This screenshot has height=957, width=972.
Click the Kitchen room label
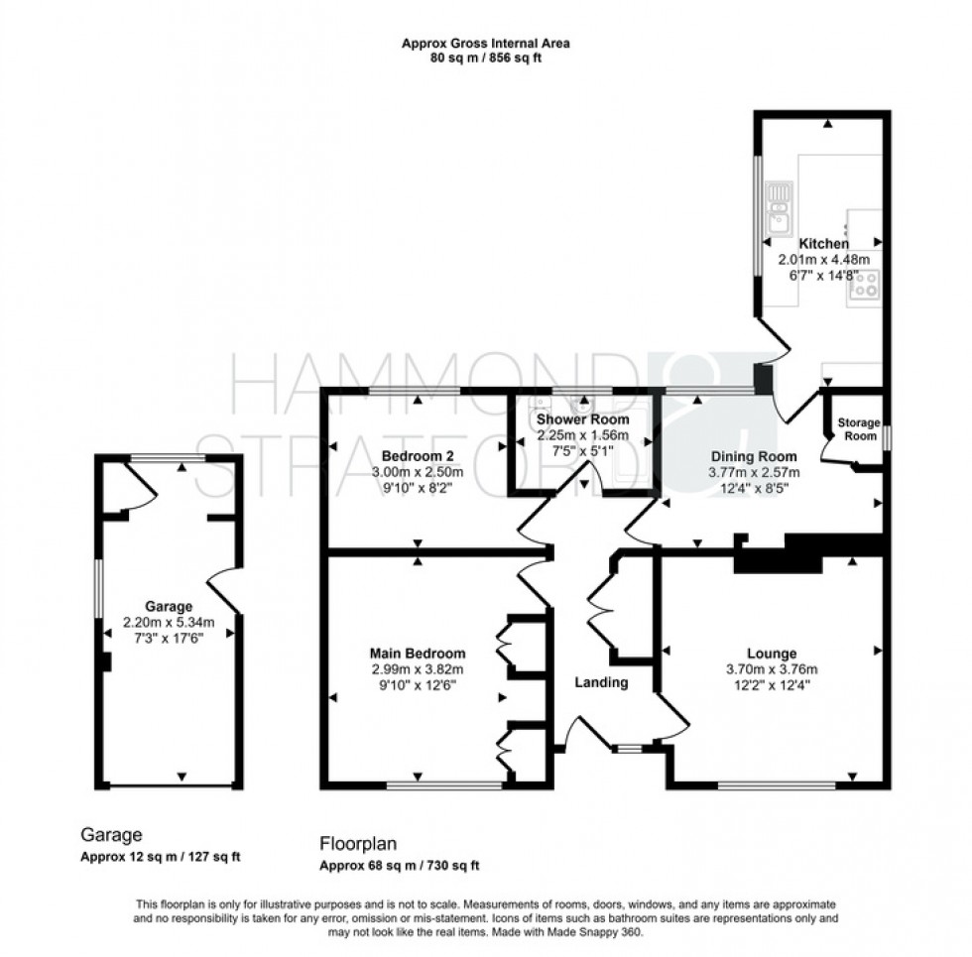[x=823, y=244]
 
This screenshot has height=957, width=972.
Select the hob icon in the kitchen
[x=866, y=285]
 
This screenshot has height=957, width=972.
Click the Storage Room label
[x=858, y=429]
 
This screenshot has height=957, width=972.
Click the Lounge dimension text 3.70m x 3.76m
[x=772, y=669]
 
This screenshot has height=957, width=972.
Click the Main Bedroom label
[x=417, y=654]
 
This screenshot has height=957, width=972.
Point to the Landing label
[x=602, y=682]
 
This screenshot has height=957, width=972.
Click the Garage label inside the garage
[x=168, y=607]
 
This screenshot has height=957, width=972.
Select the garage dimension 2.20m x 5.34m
[x=168, y=622]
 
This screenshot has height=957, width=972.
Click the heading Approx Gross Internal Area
[x=485, y=44]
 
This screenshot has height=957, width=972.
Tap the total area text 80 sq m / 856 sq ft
[x=485, y=59]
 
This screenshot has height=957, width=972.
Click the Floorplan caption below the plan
[x=358, y=845]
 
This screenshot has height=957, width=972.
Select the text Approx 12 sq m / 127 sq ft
[x=160, y=858]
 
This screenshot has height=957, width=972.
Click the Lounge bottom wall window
[x=777, y=786]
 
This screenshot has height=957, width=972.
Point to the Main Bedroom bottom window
[x=443, y=786]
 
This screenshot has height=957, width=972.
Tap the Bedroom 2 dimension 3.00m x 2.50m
[x=417, y=472]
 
